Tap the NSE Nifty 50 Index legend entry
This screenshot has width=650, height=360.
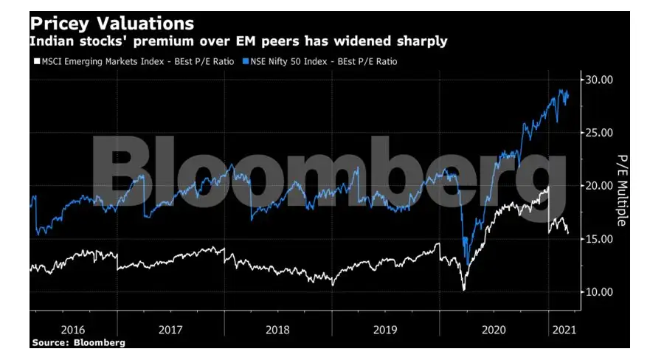click(x=320, y=62)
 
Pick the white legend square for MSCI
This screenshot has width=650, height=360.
click(x=33, y=62)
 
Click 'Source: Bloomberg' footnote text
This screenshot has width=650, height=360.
click(x=78, y=342)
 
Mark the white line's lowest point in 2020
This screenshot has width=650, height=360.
click(x=463, y=290)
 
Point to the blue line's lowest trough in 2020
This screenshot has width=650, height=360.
click(x=465, y=263)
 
